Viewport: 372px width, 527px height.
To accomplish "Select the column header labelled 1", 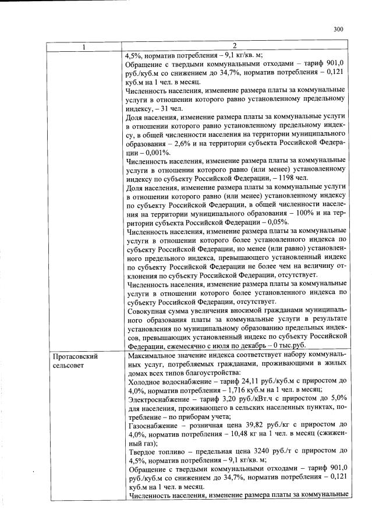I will [85, 46].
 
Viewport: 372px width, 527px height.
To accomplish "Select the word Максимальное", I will [154, 355].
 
